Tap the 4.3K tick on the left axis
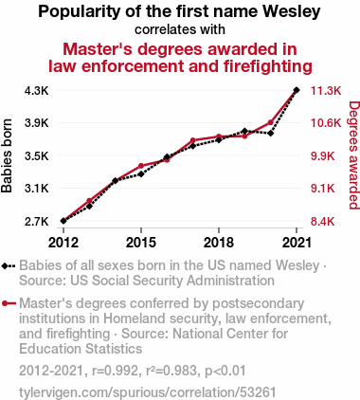click(37, 91)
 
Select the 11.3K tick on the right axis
click(326, 91)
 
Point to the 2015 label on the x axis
click(141, 243)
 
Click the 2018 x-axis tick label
click(219, 243)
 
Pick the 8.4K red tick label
click(323, 222)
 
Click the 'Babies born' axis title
click(7, 155)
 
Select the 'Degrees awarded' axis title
click(354, 155)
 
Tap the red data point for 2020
click(270, 122)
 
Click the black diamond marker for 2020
click(270, 134)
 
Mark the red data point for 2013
click(89, 201)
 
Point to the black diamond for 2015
click(141, 174)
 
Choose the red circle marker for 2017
click(192, 140)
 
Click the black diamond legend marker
click(9, 266)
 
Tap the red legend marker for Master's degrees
click(9, 303)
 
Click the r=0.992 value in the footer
click(115, 371)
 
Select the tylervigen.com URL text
click(147, 392)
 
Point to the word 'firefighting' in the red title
click(268, 66)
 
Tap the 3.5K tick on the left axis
click(37, 156)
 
